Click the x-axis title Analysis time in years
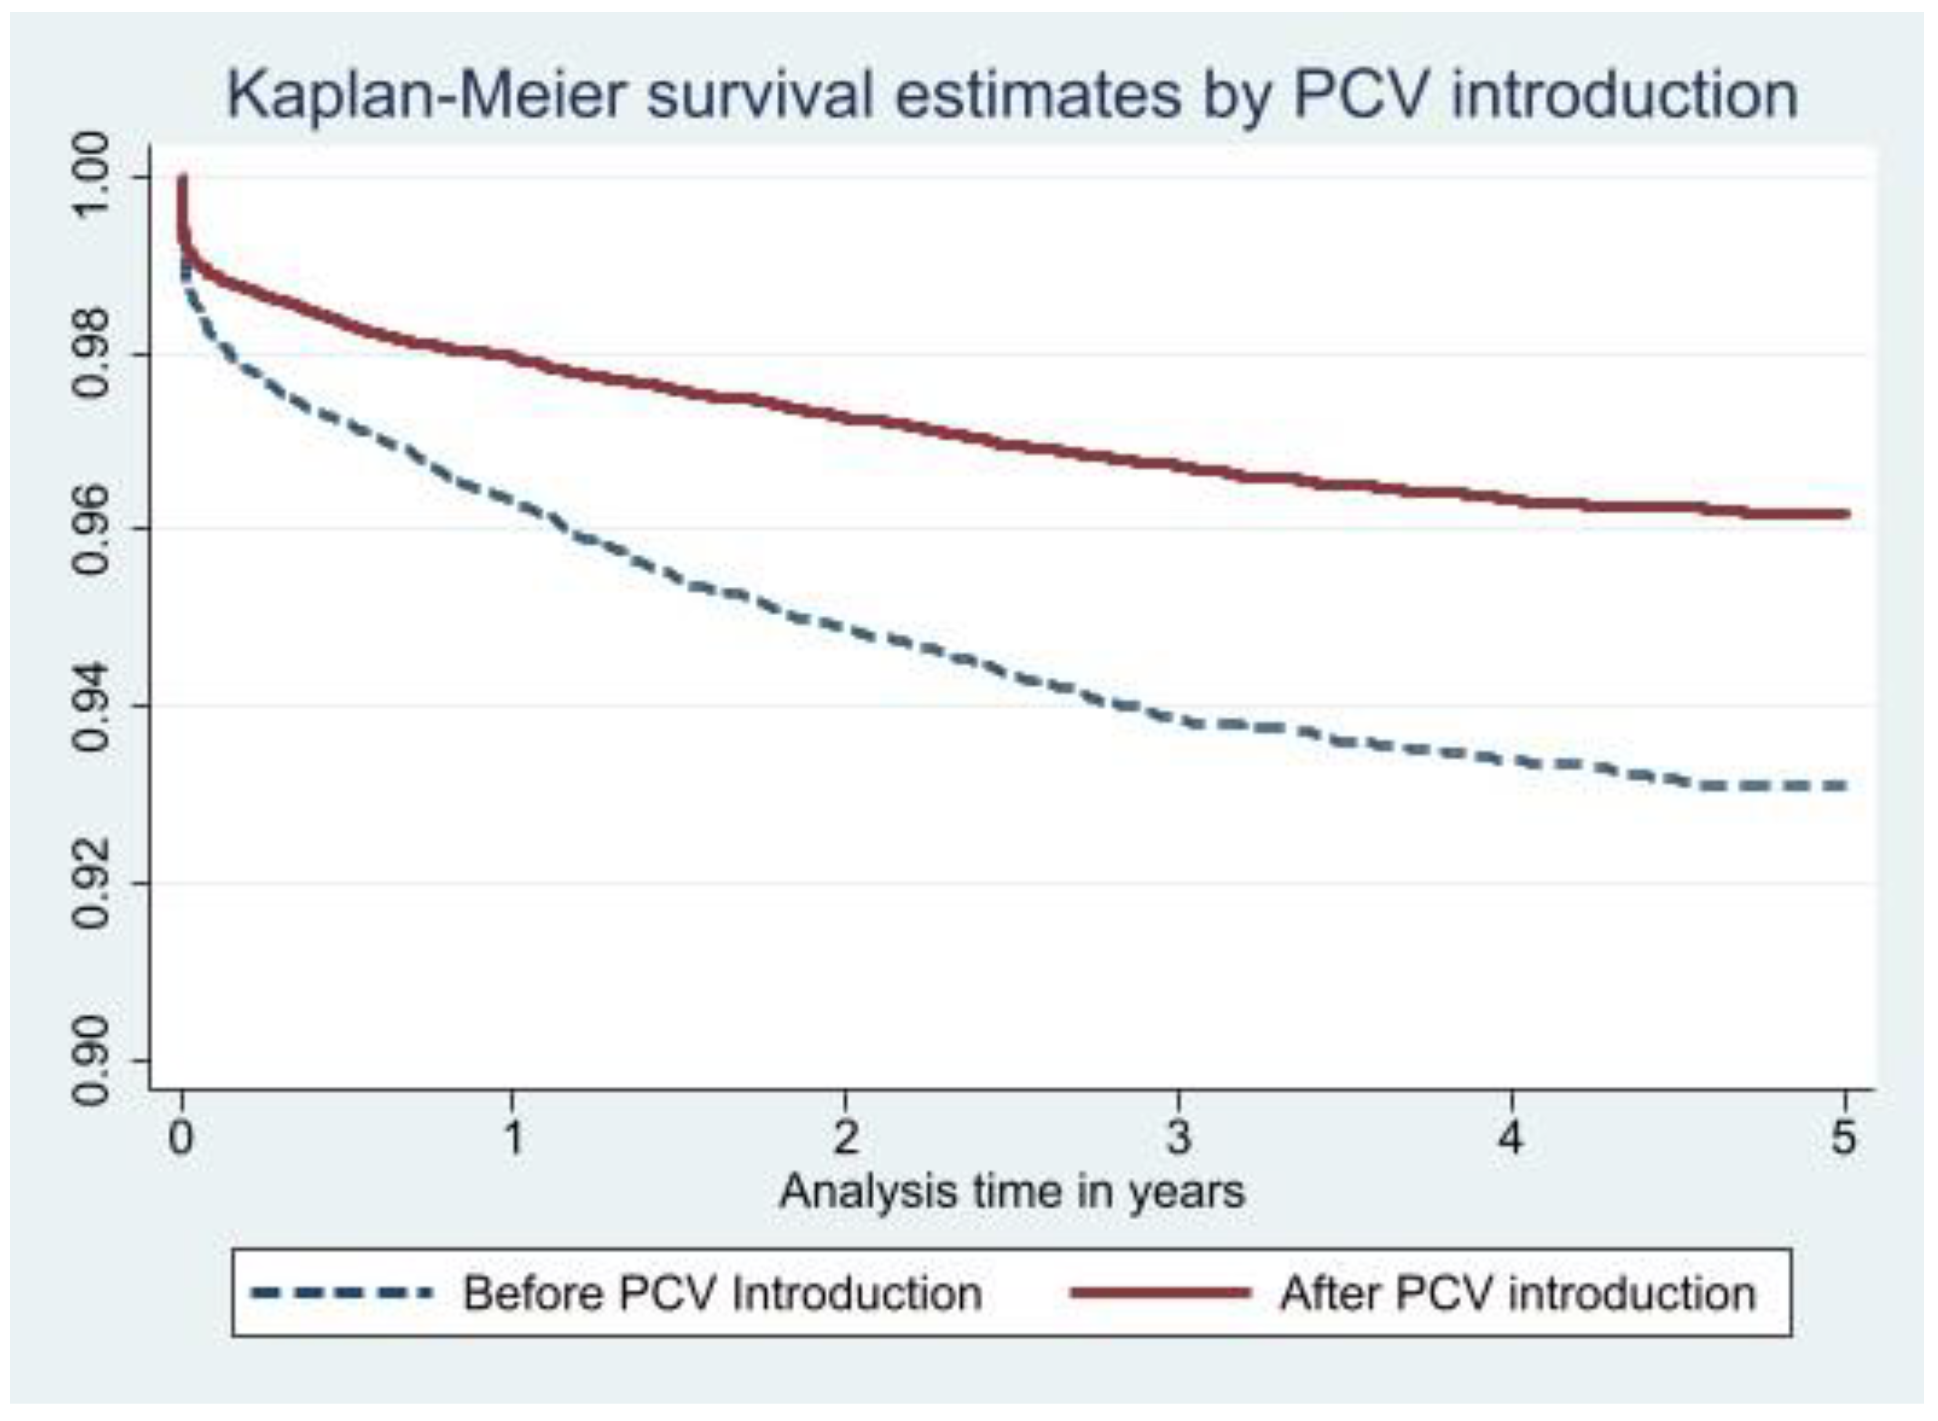click(1012, 1192)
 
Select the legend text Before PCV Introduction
click(723, 1293)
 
